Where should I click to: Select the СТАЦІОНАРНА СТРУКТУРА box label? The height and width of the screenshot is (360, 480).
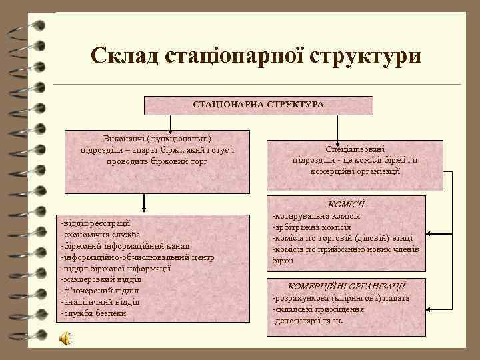click(x=258, y=105)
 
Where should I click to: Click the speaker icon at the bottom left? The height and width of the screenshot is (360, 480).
click(x=66, y=339)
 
